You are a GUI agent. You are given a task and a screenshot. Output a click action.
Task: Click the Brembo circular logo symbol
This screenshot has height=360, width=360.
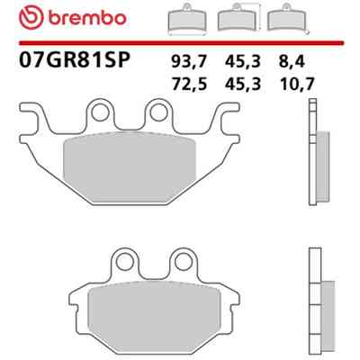pos(31,18)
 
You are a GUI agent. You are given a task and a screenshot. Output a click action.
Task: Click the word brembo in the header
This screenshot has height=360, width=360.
pos(86,18)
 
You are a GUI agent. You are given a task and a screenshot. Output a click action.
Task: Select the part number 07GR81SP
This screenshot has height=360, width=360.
pos(75,59)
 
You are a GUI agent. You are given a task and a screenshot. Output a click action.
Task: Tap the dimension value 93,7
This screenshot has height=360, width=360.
pos(189,62)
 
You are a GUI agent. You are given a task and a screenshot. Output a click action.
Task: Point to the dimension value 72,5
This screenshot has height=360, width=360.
pos(189,84)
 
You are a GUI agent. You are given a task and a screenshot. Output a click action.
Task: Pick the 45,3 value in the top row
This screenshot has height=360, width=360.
pos(243,62)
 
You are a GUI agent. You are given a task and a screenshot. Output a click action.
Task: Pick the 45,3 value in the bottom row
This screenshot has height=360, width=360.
pos(243,84)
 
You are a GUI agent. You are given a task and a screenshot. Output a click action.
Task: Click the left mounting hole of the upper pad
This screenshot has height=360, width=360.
pos(100,113)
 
